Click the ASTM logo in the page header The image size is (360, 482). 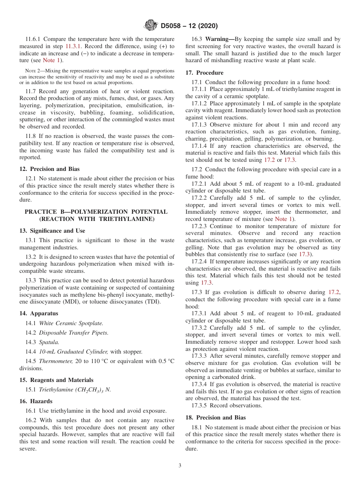151,25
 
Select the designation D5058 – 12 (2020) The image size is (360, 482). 189,26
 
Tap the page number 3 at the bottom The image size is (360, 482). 180,465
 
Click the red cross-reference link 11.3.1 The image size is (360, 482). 73,46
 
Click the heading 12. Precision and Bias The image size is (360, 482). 50,169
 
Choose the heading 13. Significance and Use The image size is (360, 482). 52,231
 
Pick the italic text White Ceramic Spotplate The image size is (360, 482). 71,323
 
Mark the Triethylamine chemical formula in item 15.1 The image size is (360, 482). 75,390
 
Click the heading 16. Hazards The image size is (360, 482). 36,401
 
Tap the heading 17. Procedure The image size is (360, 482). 204,73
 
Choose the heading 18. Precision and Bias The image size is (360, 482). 216,418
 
